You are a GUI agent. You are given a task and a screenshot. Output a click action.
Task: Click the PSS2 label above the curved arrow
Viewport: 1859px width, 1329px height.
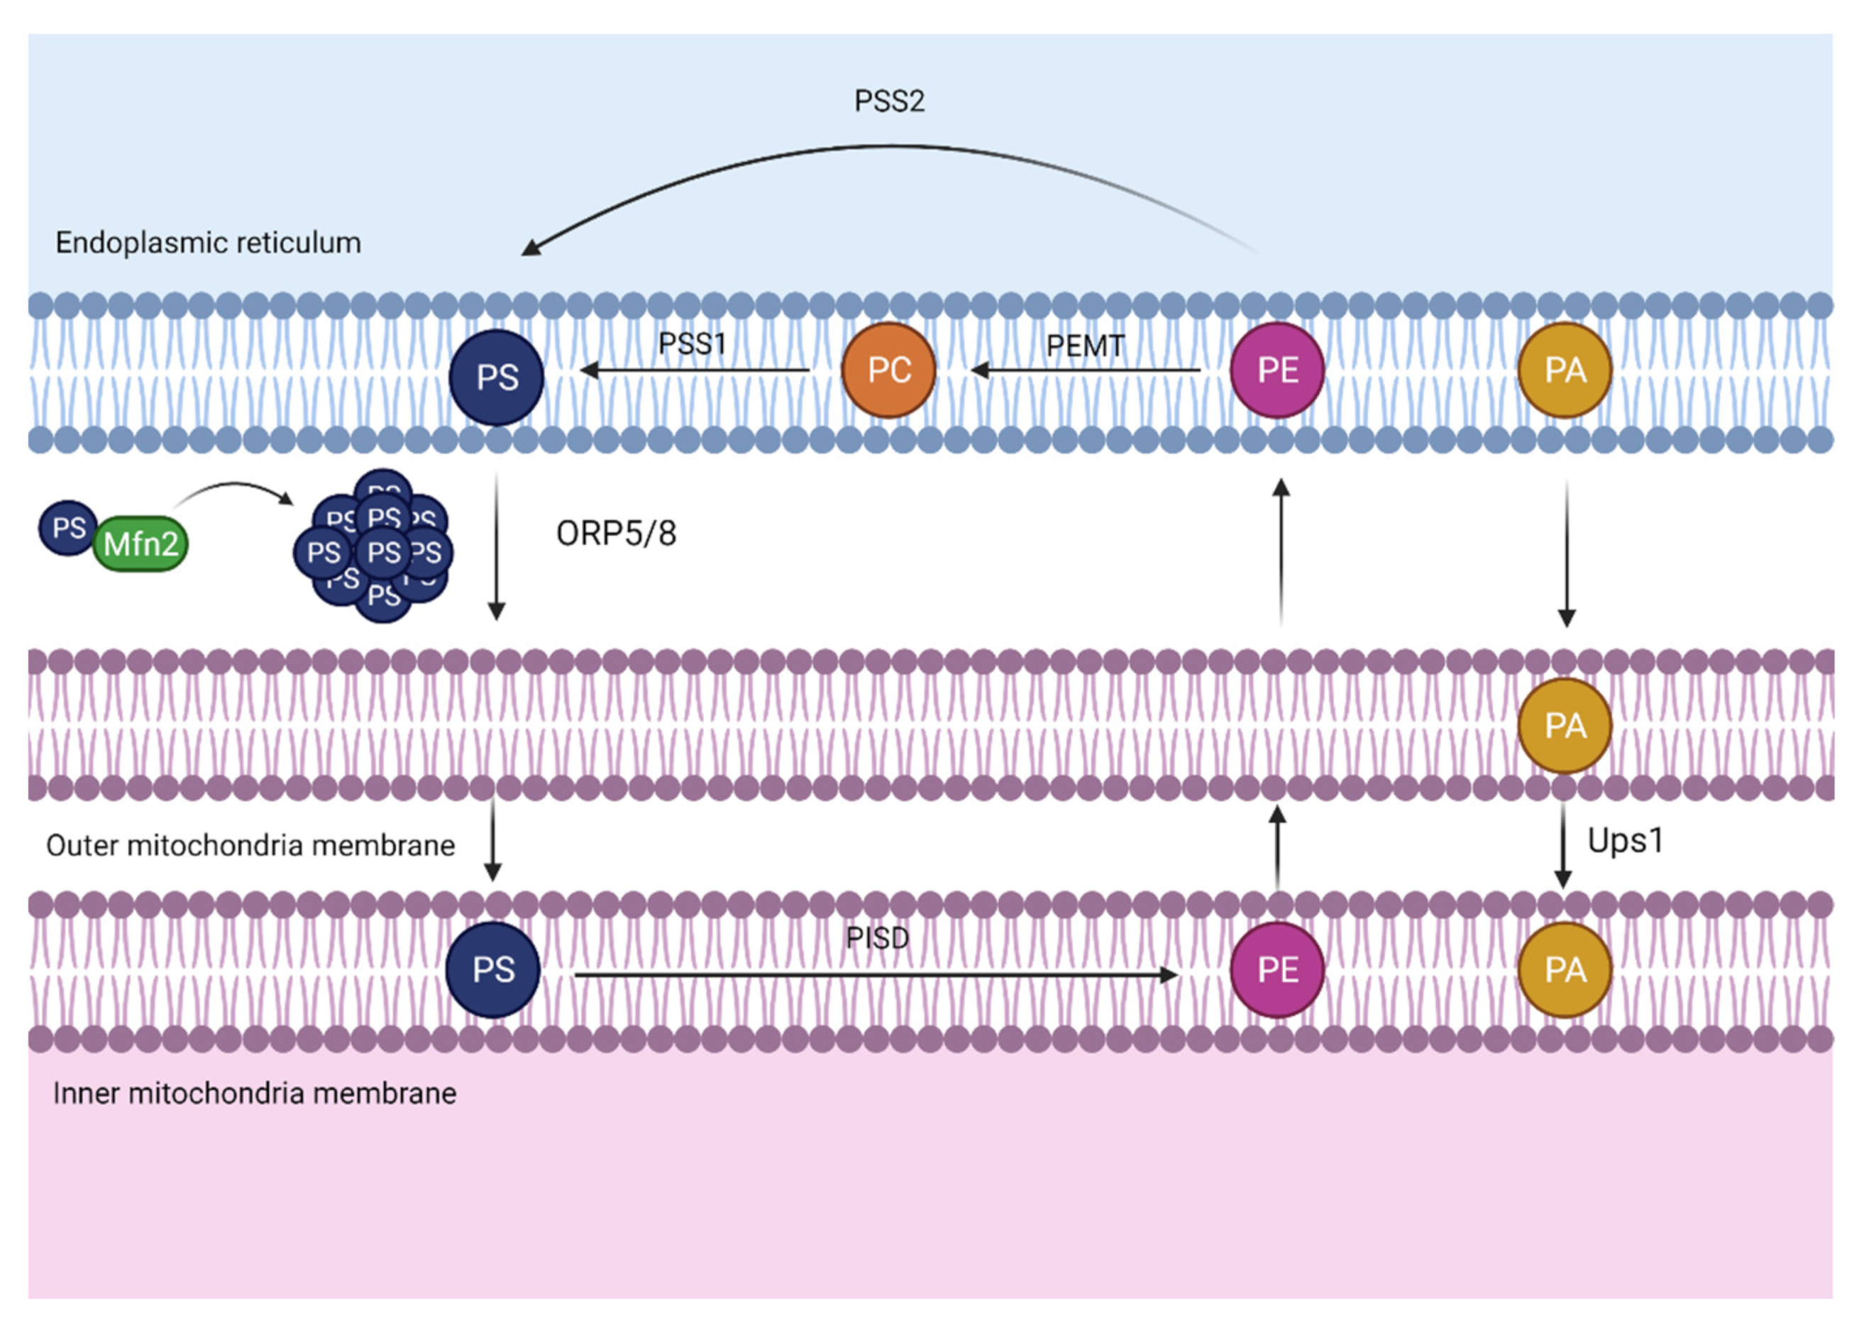coord(889,101)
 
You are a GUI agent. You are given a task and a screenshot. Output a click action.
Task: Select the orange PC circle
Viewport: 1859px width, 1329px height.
coord(888,370)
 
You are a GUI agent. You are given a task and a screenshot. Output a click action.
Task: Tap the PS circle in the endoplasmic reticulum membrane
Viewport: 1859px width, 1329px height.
coord(497,377)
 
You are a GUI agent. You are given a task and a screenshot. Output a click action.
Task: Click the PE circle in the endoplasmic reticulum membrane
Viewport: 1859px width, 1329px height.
coord(1277,370)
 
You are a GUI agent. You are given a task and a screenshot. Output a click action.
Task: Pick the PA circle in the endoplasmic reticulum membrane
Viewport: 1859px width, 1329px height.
coord(1565,370)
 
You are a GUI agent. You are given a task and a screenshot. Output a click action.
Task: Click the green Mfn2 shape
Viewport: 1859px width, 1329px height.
coord(140,544)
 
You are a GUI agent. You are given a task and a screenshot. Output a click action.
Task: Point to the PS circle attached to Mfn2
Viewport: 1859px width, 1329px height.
coord(68,528)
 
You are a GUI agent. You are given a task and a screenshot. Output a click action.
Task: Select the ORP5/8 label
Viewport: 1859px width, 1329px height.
coord(616,534)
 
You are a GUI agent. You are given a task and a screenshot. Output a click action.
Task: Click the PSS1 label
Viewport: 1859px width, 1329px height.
coord(693,343)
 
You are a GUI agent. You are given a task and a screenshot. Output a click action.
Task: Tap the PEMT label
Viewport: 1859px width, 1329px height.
coord(1085,346)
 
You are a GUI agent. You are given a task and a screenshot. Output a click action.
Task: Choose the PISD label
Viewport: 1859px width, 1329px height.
coord(877,938)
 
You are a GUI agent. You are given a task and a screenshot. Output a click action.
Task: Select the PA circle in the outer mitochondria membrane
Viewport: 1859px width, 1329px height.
coord(1565,725)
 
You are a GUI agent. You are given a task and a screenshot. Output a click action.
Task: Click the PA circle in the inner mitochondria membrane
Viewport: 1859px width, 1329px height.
coord(1565,970)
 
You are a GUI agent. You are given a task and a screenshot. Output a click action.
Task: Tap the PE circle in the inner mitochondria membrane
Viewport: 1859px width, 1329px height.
coord(1277,970)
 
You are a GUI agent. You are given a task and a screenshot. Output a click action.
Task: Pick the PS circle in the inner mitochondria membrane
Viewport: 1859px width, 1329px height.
coord(493,970)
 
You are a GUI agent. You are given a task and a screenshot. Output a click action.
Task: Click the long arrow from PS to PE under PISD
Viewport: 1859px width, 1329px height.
coord(876,976)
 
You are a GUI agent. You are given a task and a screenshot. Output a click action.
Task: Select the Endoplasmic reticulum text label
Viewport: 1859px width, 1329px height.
coord(208,243)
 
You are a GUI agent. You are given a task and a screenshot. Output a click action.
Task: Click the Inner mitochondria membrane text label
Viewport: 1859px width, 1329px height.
coord(255,1093)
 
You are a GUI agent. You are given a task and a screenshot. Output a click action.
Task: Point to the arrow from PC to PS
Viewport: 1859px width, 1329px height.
coord(695,370)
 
